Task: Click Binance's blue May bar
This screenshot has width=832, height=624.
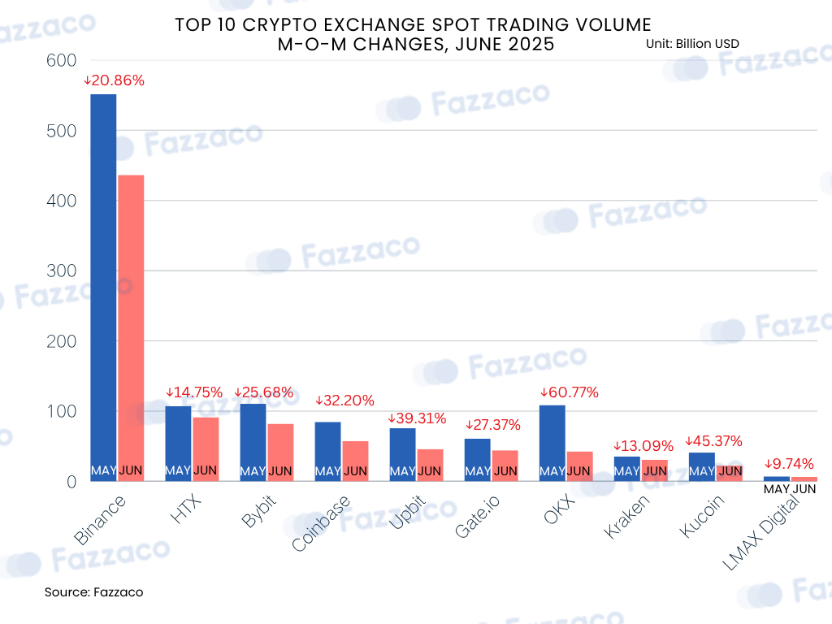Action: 103,288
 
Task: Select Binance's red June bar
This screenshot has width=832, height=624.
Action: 131,328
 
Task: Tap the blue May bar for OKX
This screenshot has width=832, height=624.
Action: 552,443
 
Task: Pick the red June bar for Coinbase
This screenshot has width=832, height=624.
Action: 356,461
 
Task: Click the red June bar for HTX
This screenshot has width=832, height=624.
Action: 206,449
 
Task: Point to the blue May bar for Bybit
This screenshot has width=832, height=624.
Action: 253,443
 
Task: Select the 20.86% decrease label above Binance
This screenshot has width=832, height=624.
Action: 114,80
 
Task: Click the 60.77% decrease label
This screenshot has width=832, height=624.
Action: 570,392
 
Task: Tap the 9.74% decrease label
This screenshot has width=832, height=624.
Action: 789,464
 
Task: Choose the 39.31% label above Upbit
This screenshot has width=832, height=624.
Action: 417,418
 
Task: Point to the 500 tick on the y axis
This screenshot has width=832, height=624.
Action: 62,131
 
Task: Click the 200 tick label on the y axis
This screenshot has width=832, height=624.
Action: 62,341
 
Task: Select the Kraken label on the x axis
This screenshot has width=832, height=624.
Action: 626,516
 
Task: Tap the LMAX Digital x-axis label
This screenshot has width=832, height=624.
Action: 760,532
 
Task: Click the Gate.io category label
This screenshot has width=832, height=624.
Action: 477,516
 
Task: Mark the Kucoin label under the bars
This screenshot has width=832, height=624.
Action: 701,516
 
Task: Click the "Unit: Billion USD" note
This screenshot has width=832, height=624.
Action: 692,44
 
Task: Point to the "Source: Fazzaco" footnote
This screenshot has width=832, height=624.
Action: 94,592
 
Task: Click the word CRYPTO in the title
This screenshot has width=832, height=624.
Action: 280,25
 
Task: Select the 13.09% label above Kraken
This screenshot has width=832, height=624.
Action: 643,446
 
